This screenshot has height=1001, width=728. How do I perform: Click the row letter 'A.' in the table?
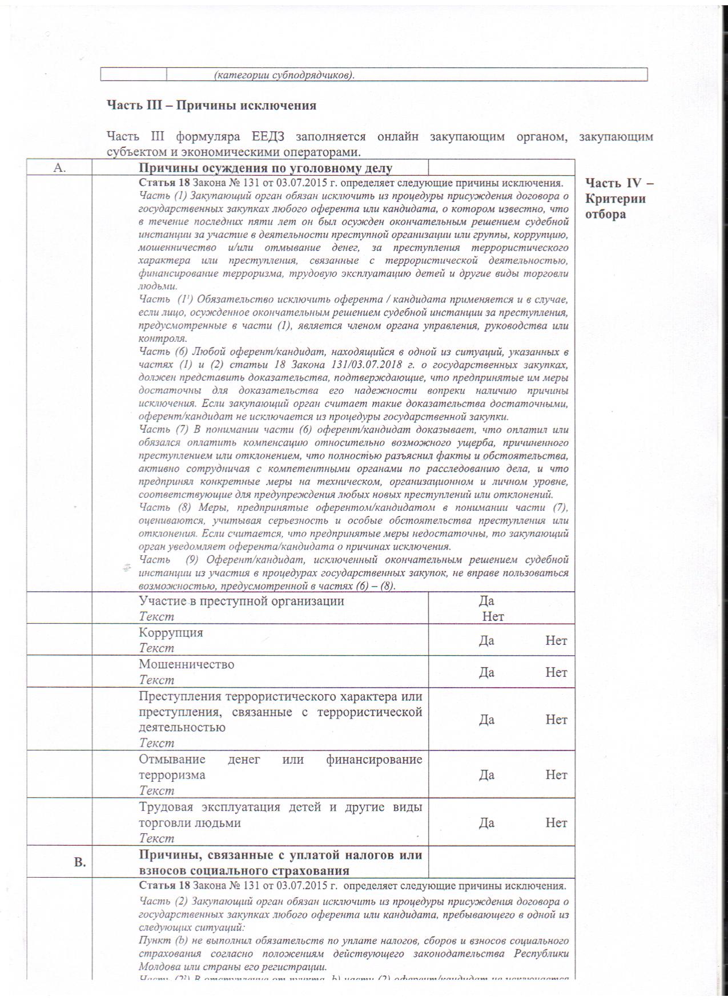[x=60, y=168]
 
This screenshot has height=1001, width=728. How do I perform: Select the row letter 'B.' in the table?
[x=80, y=862]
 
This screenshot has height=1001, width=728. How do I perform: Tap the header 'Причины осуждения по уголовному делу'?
[x=266, y=168]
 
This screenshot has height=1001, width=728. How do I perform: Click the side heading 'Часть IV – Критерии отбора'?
[x=619, y=198]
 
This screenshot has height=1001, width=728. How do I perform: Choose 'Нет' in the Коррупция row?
[x=556, y=640]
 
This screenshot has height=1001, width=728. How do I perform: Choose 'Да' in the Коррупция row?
[x=486, y=640]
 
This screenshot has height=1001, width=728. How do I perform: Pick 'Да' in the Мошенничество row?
[x=486, y=672]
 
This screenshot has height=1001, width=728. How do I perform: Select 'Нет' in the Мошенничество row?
[x=556, y=672]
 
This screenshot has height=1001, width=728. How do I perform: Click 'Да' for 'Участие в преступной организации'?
[x=486, y=601]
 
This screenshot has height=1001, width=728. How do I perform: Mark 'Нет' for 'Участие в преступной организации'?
[x=493, y=616]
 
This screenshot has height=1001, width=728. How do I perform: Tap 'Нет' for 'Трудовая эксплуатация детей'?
[x=556, y=823]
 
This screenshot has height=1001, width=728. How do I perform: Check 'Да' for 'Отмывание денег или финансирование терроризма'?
[x=486, y=775]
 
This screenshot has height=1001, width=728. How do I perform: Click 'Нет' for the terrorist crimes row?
[x=556, y=720]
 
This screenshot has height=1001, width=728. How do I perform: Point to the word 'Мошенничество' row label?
[x=186, y=664]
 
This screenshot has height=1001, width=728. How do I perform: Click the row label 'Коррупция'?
[x=171, y=632]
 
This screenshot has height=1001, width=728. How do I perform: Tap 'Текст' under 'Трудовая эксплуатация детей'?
[x=156, y=838]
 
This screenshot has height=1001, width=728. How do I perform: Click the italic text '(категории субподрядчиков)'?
[x=284, y=75]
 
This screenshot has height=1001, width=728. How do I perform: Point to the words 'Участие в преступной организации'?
[x=241, y=601]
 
